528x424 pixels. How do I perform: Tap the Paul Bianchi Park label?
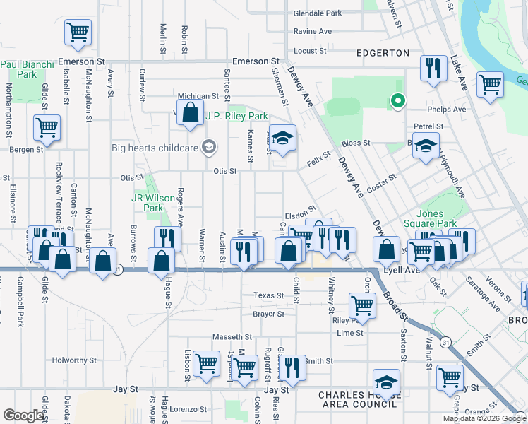coord(28,69)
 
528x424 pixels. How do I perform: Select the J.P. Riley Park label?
coord(236,116)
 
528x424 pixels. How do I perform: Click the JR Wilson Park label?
coord(152,204)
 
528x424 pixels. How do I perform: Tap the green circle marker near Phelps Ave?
coord(397,102)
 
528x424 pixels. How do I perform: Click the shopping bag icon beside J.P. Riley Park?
coord(190,112)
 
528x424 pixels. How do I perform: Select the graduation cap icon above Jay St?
coord(386,382)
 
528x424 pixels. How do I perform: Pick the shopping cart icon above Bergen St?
coord(47,128)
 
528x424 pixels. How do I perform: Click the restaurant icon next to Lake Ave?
coord(431,68)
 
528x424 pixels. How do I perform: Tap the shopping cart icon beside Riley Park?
coord(362,305)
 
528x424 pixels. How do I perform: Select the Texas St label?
coord(268,295)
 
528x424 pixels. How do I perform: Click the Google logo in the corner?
coord(23,416)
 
